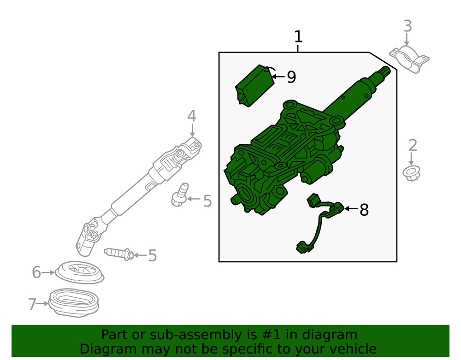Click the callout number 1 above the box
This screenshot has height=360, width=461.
pyautogui.click(x=298, y=37)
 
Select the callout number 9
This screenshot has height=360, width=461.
pyautogui.click(x=291, y=77)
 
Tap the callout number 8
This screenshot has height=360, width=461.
pyautogui.click(x=364, y=210)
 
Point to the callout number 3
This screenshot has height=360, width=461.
pyautogui.click(x=407, y=26)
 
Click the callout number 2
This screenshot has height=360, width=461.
pyautogui.click(x=413, y=146)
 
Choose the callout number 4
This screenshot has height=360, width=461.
pyautogui.click(x=192, y=116)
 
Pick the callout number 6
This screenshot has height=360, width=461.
pyautogui.click(x=36, y=272)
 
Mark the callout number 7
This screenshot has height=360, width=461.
pyautogui.click(x=32, y=304)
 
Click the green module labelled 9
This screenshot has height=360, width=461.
pyautogui.click(x=254, y=85)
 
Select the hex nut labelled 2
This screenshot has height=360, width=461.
pyautogui.click(x=411, y=173)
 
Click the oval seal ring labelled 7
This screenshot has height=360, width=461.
pyautogui.click(x=73, y=303)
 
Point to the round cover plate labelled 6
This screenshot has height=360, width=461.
pyautogui.click(x=80, y=272)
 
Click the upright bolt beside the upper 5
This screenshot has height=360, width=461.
pyautogui.click(x=180, y=195)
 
